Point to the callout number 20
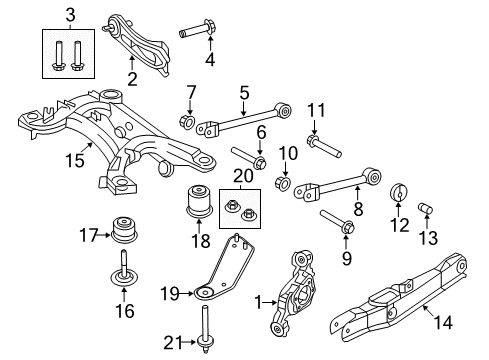coord(237,175)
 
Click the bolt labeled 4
coord(196,34)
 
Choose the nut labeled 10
coord(283,184)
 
